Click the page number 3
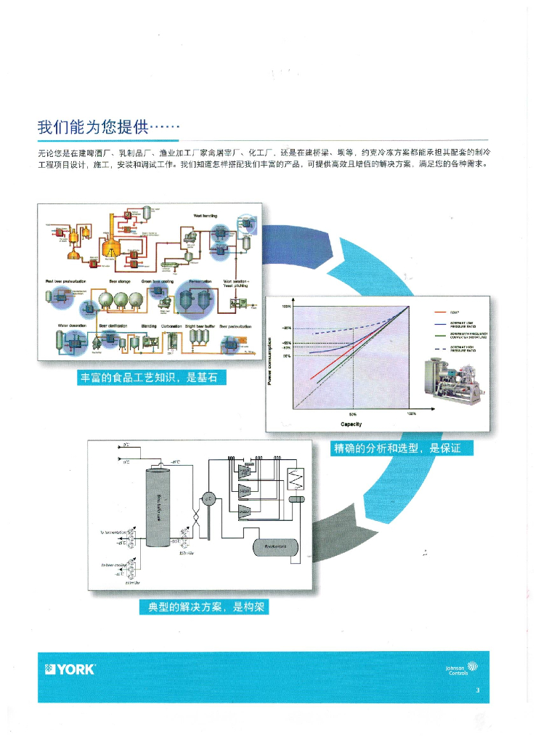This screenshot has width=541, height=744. [x=477, y=690]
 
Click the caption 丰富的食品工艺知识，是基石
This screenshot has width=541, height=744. [x=152, y=378]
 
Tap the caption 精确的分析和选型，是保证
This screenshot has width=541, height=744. [x=396, y=448]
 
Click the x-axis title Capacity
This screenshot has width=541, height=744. [x=351, y=423]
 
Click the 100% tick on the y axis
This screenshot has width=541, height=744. [x=286, y=307]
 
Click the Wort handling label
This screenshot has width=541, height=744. [x=206, y=216]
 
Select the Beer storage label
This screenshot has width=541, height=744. [x=119, y=280]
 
